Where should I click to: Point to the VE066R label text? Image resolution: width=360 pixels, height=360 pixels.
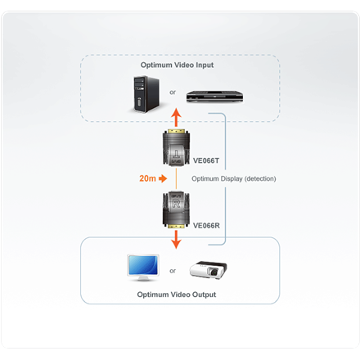coord(206,222)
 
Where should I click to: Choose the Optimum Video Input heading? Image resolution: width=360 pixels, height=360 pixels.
coord(178,64)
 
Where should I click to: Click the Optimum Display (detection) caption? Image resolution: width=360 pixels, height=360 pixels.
coord(234,178)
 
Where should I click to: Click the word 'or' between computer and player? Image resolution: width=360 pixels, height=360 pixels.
coord(173,92)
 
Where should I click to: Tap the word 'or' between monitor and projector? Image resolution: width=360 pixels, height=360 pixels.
coord(173,270)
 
